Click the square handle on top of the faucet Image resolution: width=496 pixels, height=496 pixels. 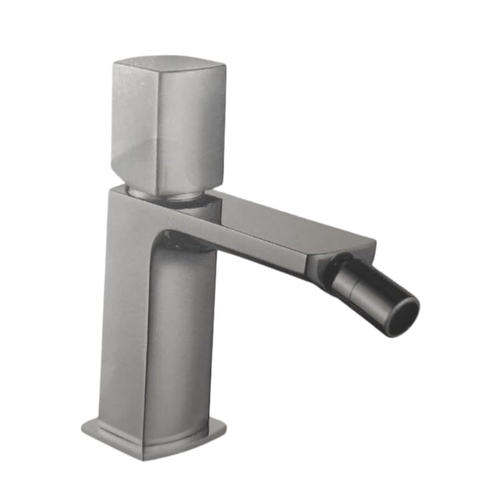click(167, 124)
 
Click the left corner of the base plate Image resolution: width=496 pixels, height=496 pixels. click(84, 427)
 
